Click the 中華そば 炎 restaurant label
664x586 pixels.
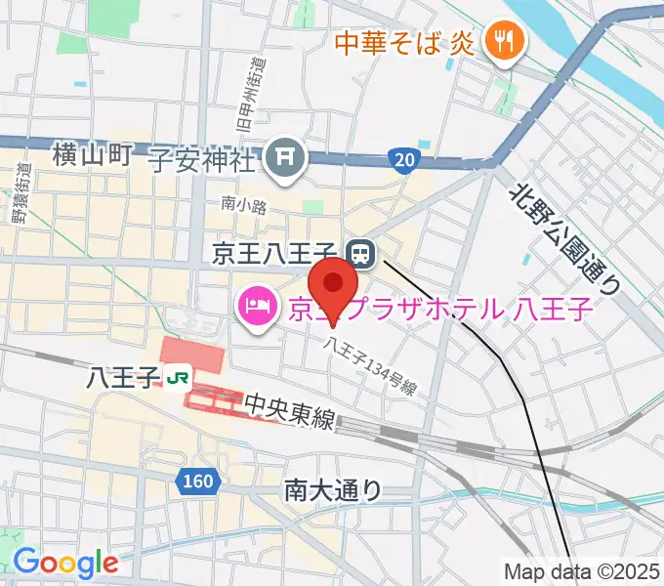point(402,42)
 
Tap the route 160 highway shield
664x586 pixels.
point(197,481)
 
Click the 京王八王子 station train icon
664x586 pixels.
point(361,255)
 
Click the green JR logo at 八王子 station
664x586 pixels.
point(178,376)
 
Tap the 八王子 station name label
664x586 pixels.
point(123,376)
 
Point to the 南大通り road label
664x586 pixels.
point(333,489)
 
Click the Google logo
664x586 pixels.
point(65,562)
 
